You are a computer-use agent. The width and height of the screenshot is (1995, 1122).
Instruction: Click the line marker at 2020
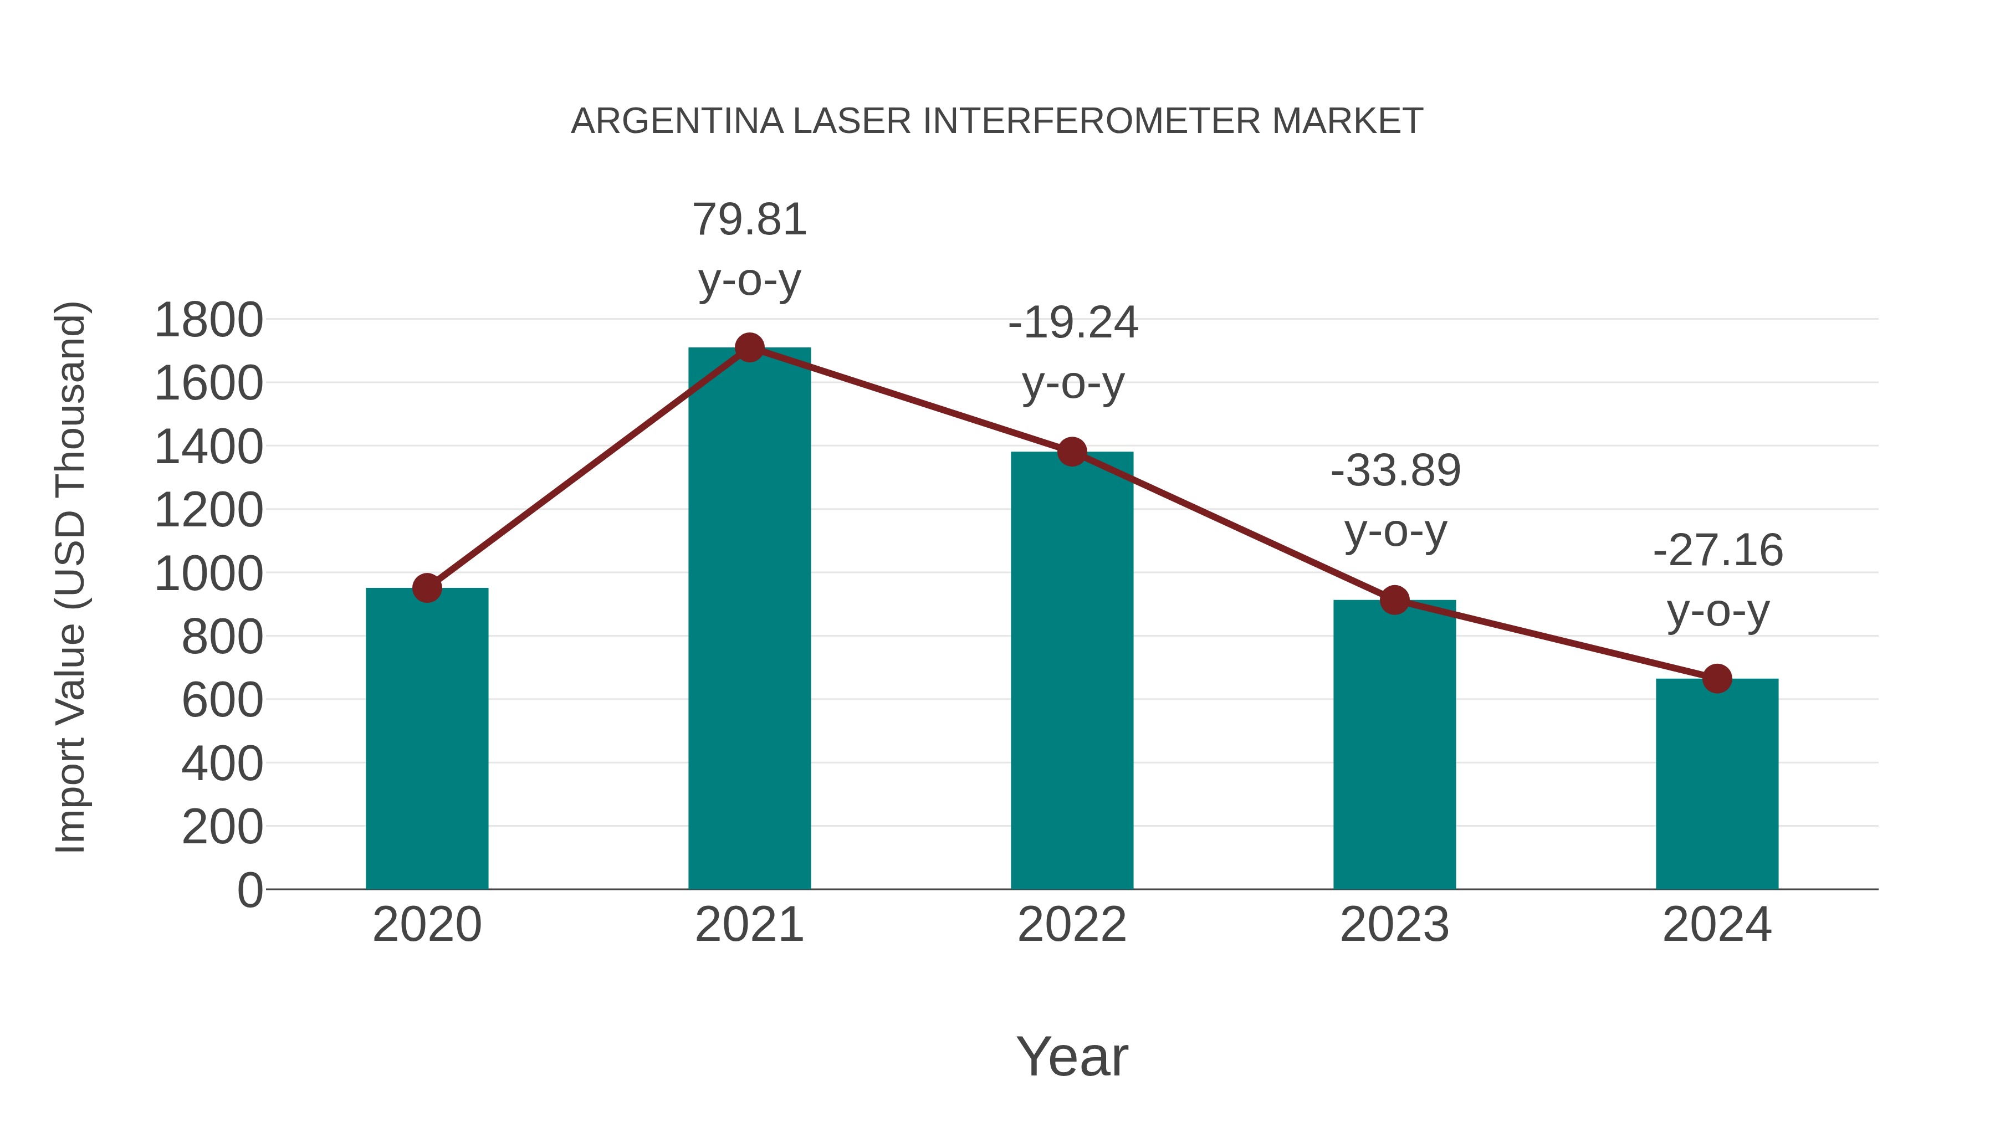point(427,588)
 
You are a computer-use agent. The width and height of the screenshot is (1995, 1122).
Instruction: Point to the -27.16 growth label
point(1718,580)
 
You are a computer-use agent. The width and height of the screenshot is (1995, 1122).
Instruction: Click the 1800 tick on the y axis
point(208,320)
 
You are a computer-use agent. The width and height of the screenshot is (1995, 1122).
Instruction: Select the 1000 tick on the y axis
point(208,574)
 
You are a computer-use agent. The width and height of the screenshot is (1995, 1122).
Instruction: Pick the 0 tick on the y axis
point(249,890)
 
